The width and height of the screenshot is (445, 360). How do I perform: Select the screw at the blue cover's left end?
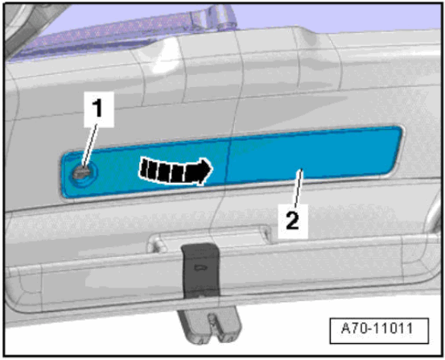tap(83, 172)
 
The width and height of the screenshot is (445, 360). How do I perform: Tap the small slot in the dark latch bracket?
tap(200, 265)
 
